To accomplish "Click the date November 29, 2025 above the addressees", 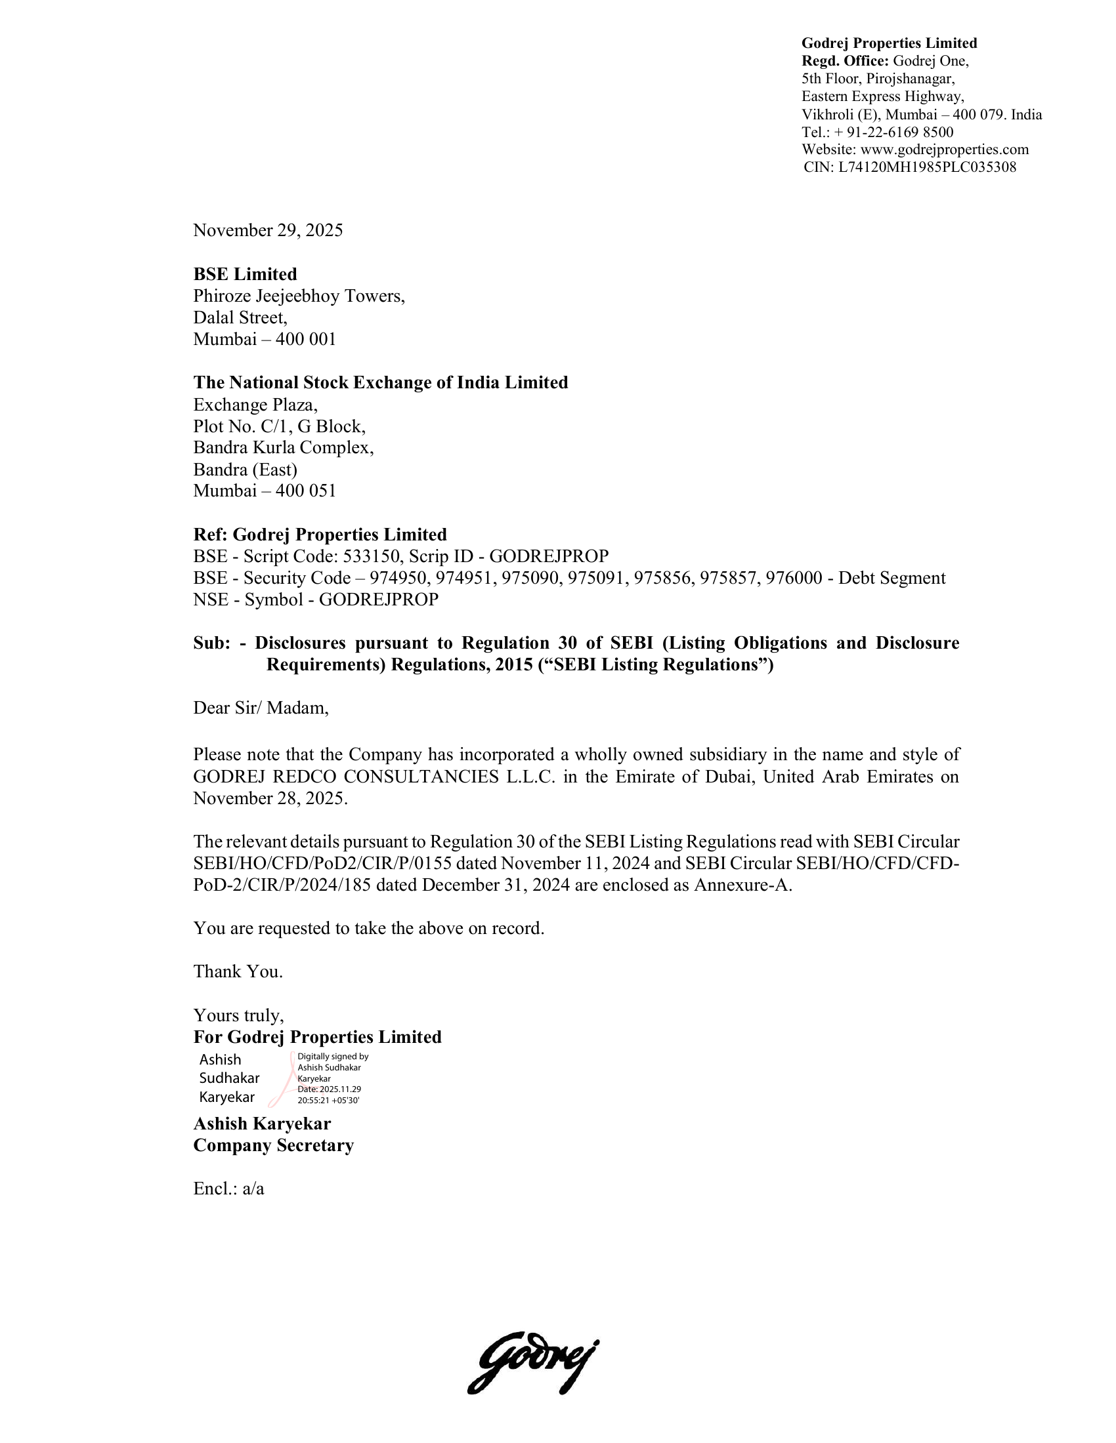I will click(x=268, y=231).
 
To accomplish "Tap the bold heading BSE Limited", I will click(x=245, y=274).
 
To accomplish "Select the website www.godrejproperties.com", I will click(x=944, y=150).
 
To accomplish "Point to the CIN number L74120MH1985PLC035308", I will click(x=927, y=167).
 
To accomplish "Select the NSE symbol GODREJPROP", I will click(x=378, y=600).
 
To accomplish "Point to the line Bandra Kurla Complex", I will click(x=283, y=448).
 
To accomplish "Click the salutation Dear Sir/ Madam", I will click(x=261, y=708).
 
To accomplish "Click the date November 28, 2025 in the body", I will click(x=270, y=799).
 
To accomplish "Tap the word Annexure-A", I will click(x=742, y=885).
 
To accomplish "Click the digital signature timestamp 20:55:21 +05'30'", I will click(x=329, y=1101).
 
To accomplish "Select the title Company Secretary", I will click(x=273, y=1146).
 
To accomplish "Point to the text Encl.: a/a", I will click(x=228, y=1189).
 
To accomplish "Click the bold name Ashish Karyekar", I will click(x=262, y=1124).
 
